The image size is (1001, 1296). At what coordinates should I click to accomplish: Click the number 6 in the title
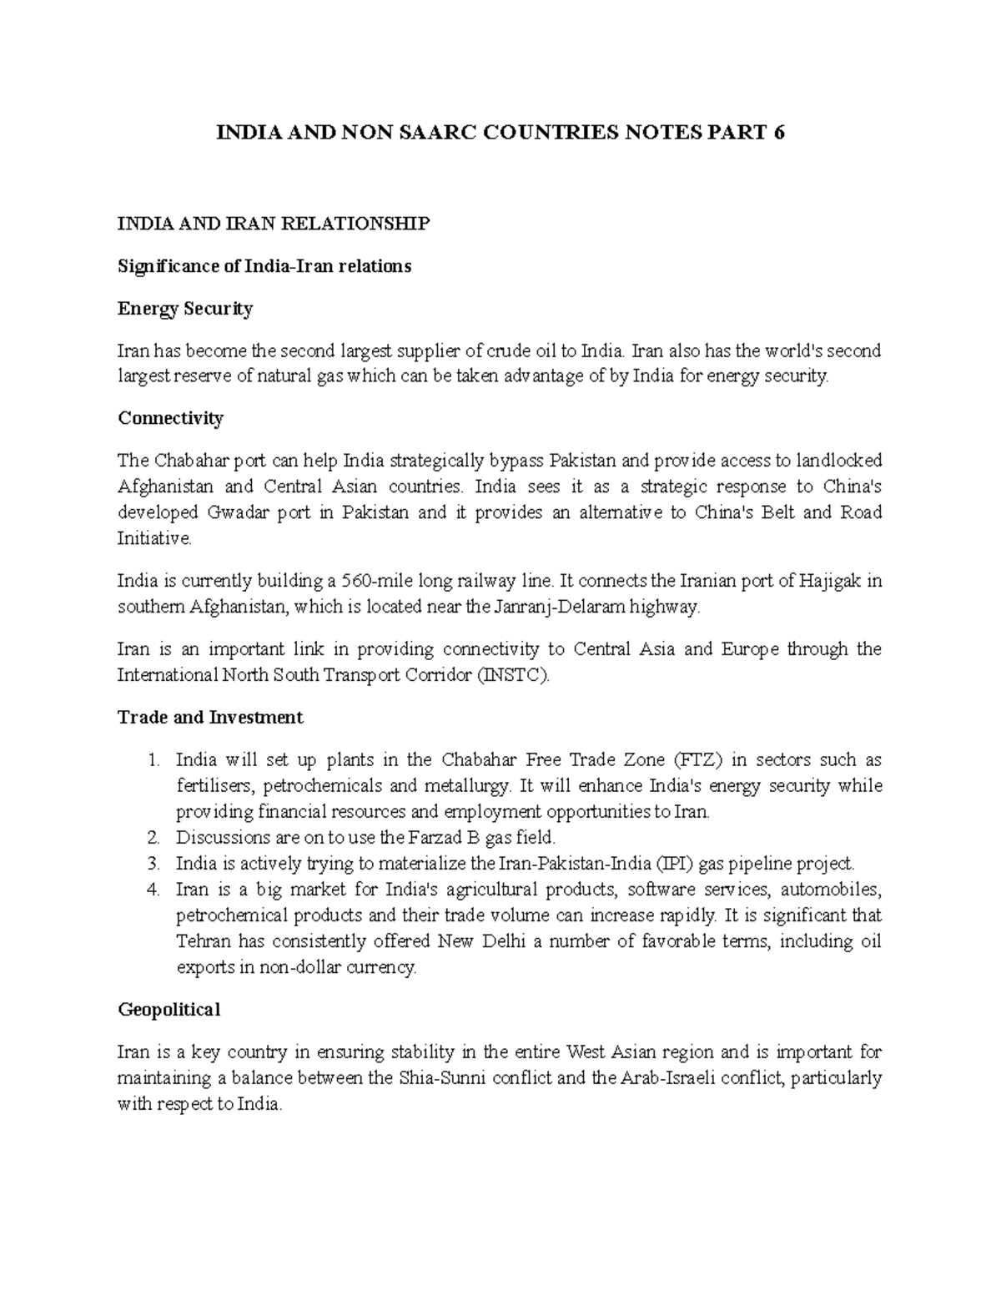[x=778, y=133]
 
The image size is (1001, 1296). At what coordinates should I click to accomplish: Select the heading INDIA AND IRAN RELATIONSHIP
[x=274, y=224]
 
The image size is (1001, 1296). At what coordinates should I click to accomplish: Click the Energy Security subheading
[x=185, y=309]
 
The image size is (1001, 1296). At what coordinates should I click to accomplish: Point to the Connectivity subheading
[x=170, y=418]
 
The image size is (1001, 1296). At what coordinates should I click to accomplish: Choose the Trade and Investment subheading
[x=210, y=718]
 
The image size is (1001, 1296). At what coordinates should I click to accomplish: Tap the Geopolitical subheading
[x=169, y=1010]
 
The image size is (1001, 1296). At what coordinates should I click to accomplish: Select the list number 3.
[x=152, y=864]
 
